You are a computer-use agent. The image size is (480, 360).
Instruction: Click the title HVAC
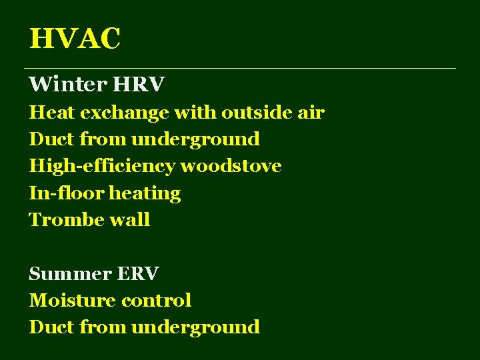[x=75, y=39]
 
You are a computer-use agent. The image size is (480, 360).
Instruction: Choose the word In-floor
[x=66, y=193]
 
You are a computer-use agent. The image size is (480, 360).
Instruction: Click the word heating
[x=145, y=194]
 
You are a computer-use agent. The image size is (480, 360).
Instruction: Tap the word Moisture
[x=71, y=301]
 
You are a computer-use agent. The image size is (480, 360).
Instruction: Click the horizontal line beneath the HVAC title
[x=240, y=68]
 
